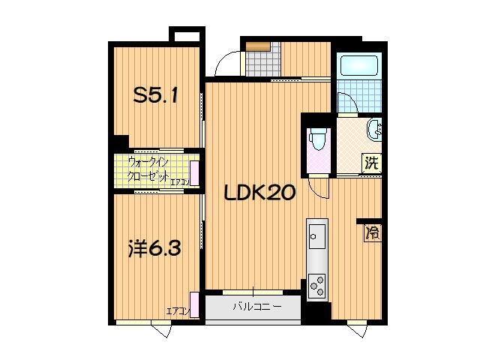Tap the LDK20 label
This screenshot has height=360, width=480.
(261, 193)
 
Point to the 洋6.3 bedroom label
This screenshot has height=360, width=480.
(154, 248)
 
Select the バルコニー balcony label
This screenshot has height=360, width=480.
(256, 307)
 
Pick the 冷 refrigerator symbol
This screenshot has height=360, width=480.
(372, 232)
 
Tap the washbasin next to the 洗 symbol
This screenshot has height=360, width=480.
(375, 131)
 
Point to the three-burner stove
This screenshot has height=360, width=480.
(318, 286)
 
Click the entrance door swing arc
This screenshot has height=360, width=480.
(225, 64)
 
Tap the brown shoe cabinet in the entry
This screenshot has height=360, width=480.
(256, 46)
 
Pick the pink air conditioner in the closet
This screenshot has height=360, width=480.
(194, 172)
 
